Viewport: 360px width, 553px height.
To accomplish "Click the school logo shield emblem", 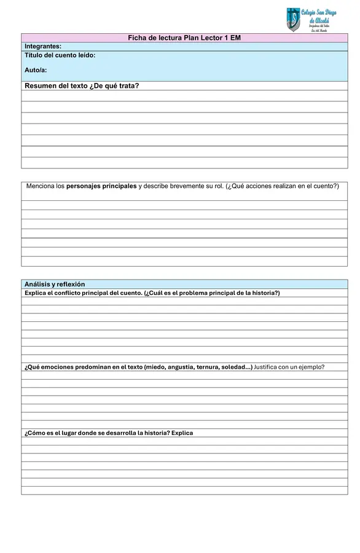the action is tap(292, 19).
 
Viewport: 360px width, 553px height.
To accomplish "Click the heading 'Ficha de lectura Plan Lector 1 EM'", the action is tap(184, 38).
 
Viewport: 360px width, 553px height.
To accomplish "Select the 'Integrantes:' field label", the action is tap(43, 47).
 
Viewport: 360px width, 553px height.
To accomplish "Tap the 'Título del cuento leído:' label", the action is tap(60, 55).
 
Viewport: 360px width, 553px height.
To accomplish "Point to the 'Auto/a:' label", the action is tap(36, 70).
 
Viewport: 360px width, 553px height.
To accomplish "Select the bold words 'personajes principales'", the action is tap(101, 186).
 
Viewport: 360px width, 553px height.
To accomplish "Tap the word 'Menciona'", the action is tap(45, 186).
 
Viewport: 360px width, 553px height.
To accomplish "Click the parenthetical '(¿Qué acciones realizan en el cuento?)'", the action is tap(283, 186).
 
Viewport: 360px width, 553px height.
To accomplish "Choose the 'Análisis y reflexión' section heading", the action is tap(55, 284).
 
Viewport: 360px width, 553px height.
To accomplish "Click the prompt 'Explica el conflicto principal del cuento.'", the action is tap(84, 293).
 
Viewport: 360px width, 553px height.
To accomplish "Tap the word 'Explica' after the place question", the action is tap(182, 433).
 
